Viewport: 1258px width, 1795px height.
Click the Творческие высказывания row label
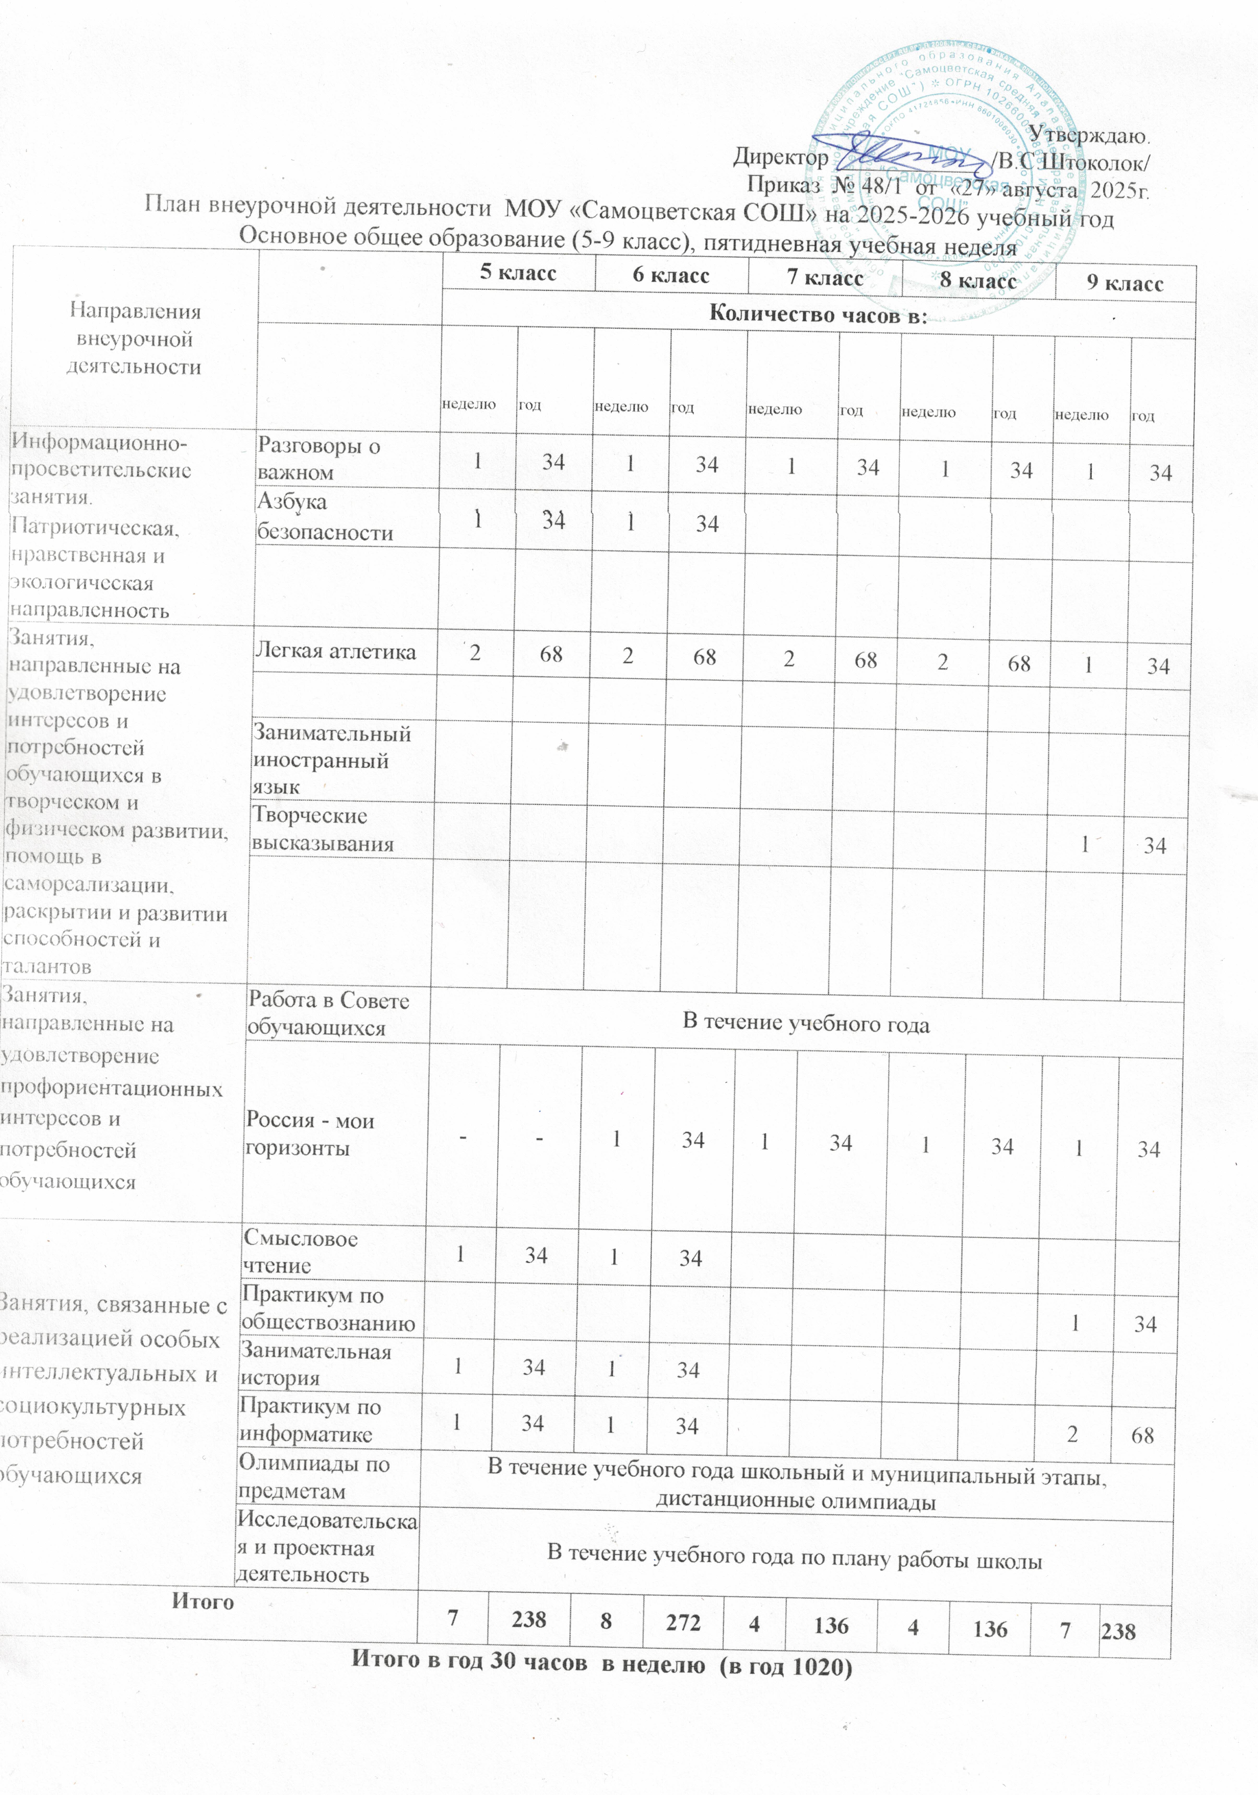(x=322, y=829)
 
